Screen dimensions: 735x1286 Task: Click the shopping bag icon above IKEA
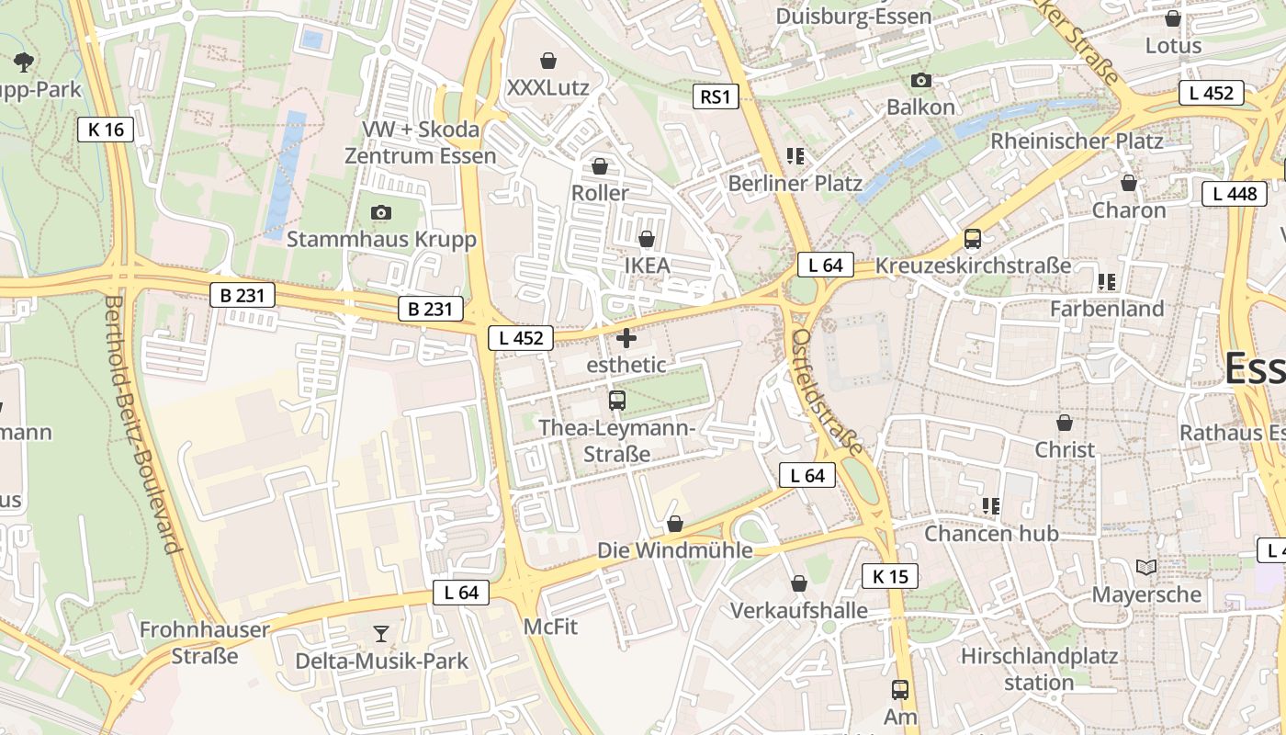tap(647, 239)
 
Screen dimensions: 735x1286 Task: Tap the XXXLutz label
tap(547, 88)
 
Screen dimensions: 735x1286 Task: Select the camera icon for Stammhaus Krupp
tap(381, 213)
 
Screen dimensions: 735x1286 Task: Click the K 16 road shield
tap(106, 130)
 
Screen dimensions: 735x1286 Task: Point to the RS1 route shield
tap(716, 96)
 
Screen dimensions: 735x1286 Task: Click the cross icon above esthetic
tap(626, 338)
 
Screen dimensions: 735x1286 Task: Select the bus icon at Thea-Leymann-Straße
tap(617, 401)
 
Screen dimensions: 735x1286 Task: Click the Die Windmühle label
tap(675, 550)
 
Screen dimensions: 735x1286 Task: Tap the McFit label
tap(550, 627)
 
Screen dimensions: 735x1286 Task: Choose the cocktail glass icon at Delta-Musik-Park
tap(381, 634)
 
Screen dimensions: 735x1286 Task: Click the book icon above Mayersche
tap(1145, 568)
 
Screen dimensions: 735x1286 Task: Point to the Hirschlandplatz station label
tap(1039, 669)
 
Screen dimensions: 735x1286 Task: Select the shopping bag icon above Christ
tap(1065, 424)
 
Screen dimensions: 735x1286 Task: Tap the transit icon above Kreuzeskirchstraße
tap(973, 239)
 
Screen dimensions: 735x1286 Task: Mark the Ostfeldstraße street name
tap(827, 391)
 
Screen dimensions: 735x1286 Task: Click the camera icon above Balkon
tap(921, 81)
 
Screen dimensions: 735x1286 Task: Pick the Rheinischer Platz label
tap(1077, 141)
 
